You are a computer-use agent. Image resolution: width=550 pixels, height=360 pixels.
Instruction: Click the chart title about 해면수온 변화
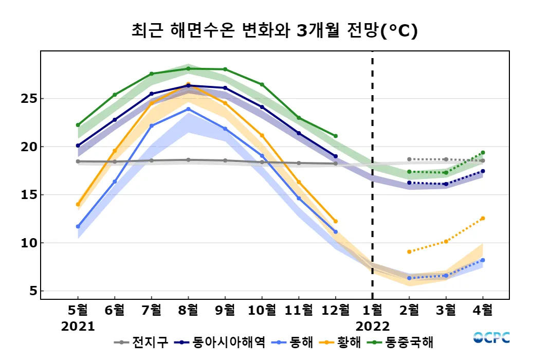[x=274, y=30]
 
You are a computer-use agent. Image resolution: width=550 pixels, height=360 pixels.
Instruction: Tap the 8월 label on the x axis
[x=188, y=310]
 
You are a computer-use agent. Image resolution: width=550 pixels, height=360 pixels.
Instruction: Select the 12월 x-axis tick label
[x=335, y=310]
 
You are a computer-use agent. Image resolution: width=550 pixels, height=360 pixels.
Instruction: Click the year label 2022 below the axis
[x=373, y=327]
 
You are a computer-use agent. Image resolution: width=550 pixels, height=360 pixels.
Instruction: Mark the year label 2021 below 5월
[x=78, y=327]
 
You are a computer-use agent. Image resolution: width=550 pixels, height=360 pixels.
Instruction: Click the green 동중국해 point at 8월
[x=188, y=68]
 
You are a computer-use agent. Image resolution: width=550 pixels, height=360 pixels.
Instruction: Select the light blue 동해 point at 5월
[x=78, y=226]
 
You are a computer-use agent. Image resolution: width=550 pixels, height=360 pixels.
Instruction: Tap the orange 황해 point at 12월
[x=336, y=221]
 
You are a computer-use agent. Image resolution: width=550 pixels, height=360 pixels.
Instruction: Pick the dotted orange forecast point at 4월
[x=483, y=219]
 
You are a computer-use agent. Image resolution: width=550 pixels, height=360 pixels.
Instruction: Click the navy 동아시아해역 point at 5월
[x=78, y=146]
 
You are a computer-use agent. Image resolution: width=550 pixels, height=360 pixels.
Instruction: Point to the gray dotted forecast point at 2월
[x=409, y=159]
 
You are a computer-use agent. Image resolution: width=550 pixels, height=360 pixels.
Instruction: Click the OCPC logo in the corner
[x=491, y=338]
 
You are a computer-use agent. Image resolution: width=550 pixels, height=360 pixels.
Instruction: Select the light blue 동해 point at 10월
[x=262, y=156]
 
